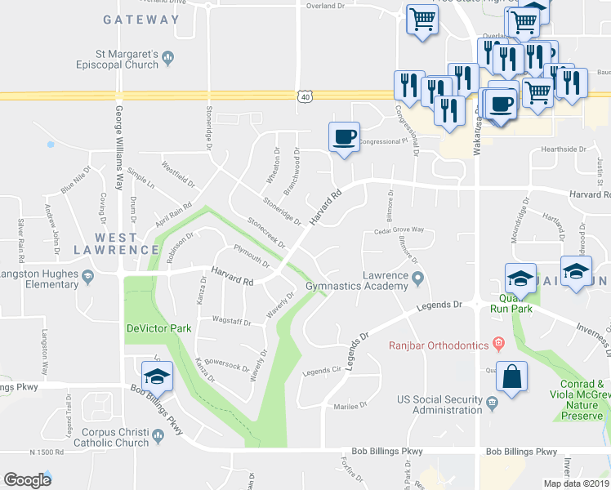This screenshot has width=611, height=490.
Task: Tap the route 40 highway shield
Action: point(304,96)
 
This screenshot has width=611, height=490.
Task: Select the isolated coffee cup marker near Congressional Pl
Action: point(344,135)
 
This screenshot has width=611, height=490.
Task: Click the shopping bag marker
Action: point(511,378)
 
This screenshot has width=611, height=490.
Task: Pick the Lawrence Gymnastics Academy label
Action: point(357,281)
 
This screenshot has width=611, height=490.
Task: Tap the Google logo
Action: point(28,479)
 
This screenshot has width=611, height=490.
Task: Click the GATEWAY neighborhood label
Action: point(141,20)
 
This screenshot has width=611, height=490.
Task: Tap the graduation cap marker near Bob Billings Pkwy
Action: point(157,376)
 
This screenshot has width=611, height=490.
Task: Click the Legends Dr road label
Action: point(439,305)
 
